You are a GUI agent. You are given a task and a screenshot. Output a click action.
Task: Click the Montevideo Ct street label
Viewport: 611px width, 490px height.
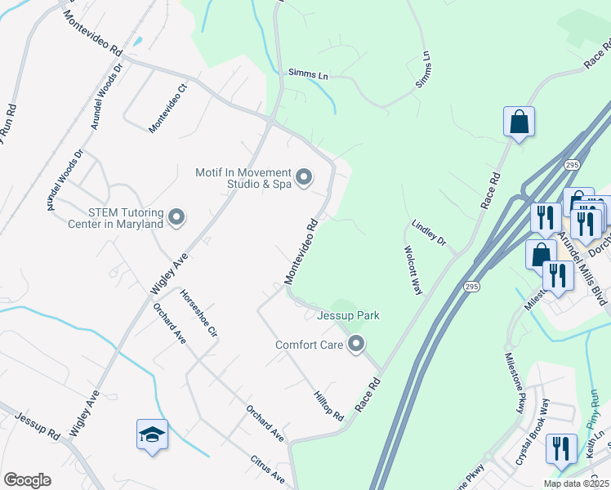pos(168,107)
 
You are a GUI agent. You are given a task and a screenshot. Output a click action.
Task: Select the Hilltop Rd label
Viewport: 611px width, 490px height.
pos(328,405)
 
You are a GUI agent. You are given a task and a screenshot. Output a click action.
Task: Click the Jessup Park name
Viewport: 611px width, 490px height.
pos(349,315)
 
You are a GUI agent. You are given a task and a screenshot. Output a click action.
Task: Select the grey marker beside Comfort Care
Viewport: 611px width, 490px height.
pos(355,345)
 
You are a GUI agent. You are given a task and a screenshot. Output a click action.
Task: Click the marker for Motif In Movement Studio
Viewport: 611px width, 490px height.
pos(304,177)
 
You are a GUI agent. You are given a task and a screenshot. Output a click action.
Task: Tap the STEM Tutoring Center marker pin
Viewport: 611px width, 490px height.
pos(176,218)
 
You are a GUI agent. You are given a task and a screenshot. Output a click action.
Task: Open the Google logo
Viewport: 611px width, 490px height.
pos(27,480)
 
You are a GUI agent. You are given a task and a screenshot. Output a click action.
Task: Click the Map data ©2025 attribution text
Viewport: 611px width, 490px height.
pos(576,483)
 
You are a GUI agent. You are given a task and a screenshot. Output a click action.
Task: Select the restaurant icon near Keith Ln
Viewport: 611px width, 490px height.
pos(560,448)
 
